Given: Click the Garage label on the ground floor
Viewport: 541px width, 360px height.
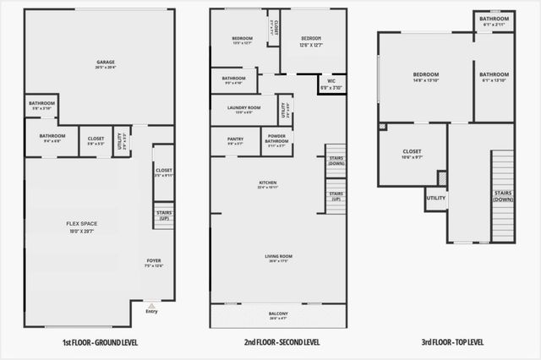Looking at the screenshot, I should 106,63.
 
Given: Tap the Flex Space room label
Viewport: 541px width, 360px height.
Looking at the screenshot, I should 82,225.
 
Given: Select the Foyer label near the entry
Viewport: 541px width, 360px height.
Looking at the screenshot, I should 154,262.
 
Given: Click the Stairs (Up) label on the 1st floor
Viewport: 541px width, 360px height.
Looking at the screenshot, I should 163,216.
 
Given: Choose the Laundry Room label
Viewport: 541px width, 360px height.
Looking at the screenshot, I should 242,109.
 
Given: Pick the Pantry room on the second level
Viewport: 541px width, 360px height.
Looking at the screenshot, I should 235,140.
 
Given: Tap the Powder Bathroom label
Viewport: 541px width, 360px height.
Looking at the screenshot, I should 277,140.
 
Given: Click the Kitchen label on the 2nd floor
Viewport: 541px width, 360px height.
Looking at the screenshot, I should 268,184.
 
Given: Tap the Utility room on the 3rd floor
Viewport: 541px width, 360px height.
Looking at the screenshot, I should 436,199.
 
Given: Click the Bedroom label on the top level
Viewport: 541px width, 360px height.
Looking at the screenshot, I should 425,77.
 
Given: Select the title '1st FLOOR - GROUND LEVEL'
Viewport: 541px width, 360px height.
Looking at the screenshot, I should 100,342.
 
